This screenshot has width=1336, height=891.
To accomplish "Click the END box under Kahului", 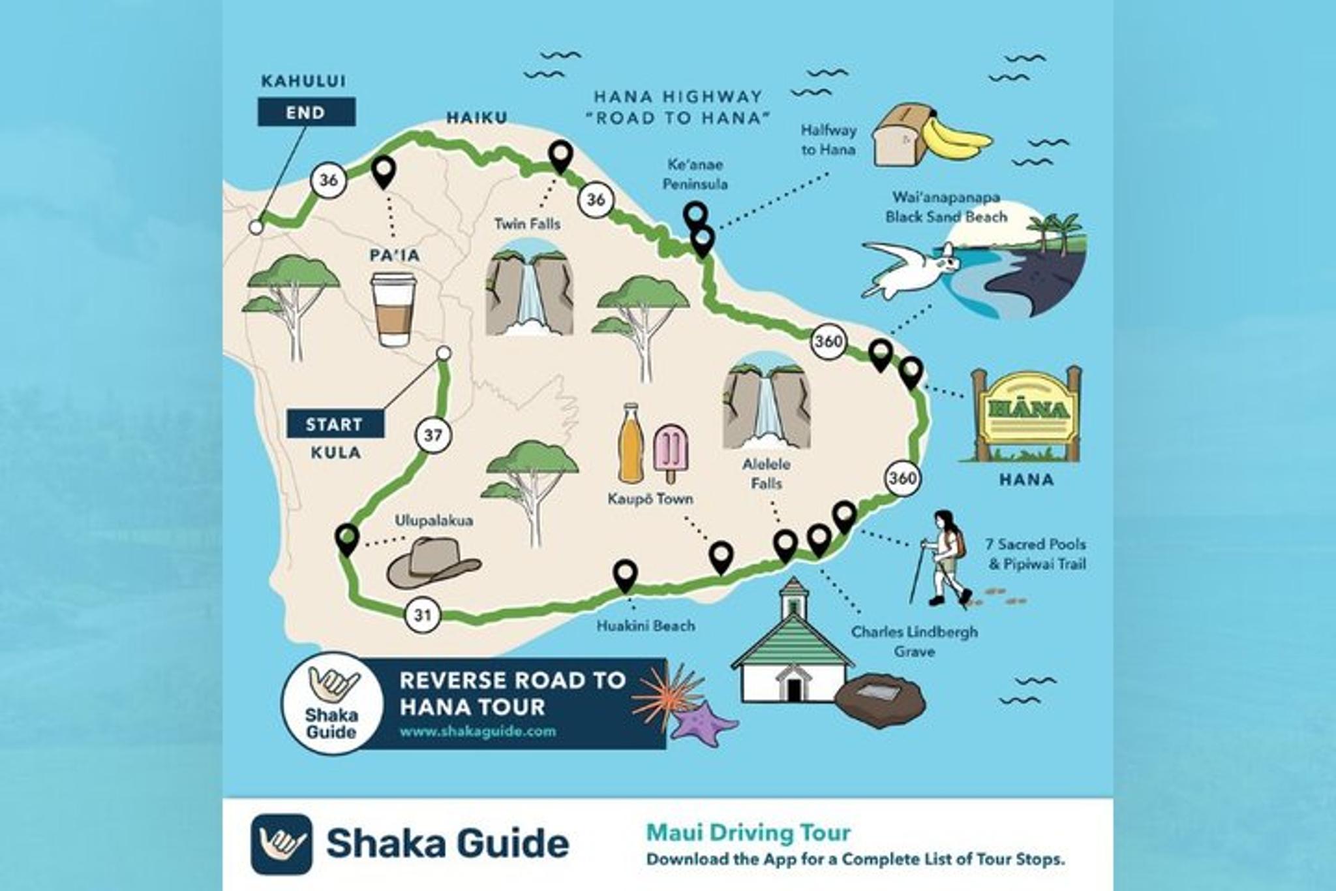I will (306, 112).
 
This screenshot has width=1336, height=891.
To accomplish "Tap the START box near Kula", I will (335, 424).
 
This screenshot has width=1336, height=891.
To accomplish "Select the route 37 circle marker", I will (433, 435).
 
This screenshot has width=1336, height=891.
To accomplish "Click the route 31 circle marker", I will (422, 615).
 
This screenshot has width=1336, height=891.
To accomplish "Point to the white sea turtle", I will (909, 268).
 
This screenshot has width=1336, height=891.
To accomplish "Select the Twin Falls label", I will (527, 224).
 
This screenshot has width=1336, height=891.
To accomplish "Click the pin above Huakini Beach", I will (625, 574).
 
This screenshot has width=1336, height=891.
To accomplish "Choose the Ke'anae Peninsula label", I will (695, 174).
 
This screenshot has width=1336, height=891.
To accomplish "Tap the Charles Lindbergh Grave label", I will (914, 641).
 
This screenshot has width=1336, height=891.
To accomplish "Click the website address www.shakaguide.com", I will (478, 731).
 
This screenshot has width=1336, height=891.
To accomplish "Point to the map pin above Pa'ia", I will (384, 171).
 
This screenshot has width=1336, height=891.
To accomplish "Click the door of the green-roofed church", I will (793, 689).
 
